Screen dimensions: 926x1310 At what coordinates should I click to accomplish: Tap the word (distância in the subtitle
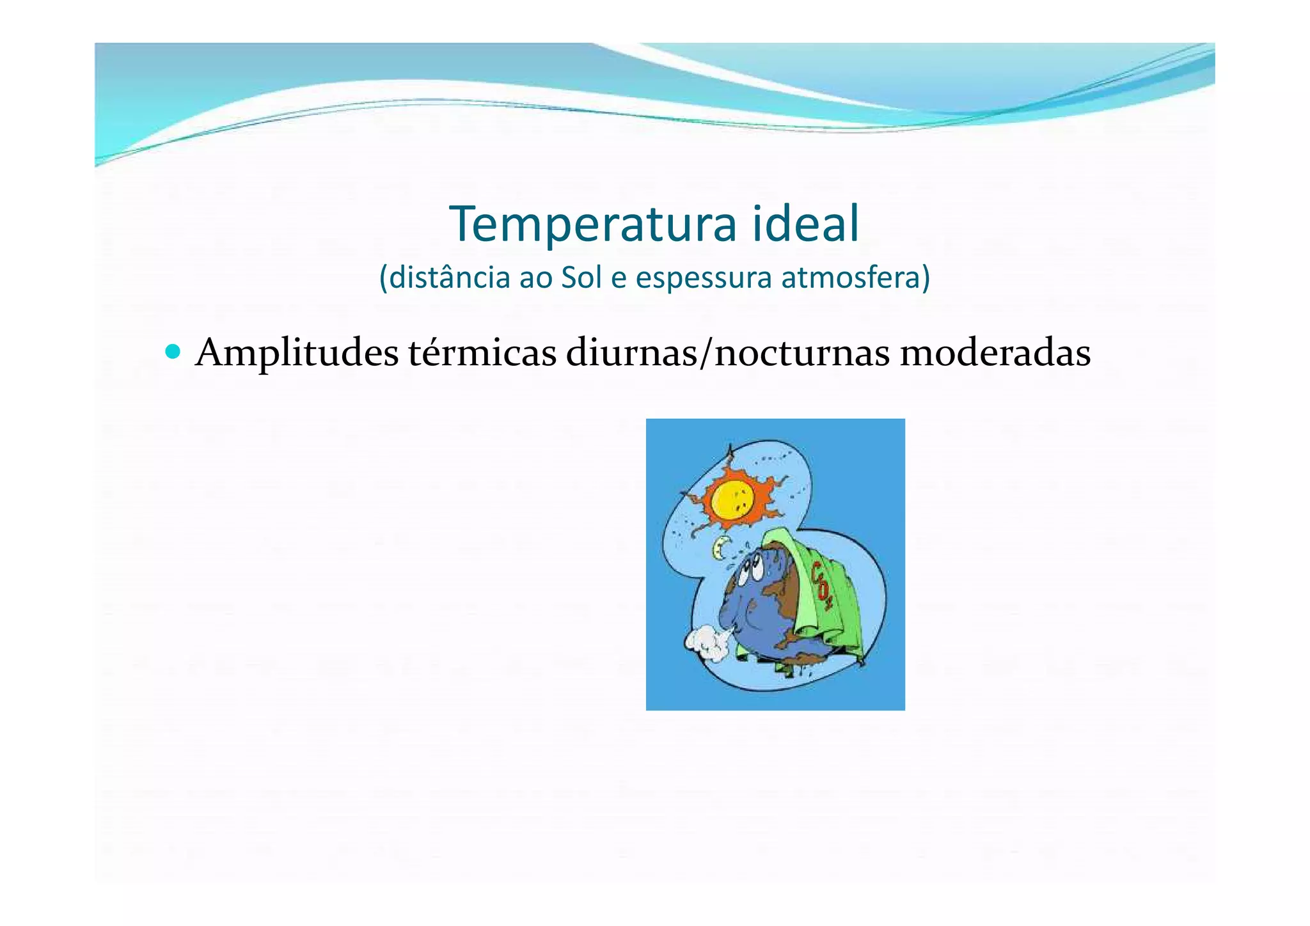click(445, 278)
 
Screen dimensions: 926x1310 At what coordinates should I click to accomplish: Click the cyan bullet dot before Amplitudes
click(173, 352)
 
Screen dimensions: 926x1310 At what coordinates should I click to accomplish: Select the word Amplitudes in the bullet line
click(297, 353)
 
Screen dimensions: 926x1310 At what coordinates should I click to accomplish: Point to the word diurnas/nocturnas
click(727, 353)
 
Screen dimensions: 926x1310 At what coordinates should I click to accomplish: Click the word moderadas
click(995, 353)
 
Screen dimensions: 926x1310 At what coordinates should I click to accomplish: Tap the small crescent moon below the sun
click(722, 546)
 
